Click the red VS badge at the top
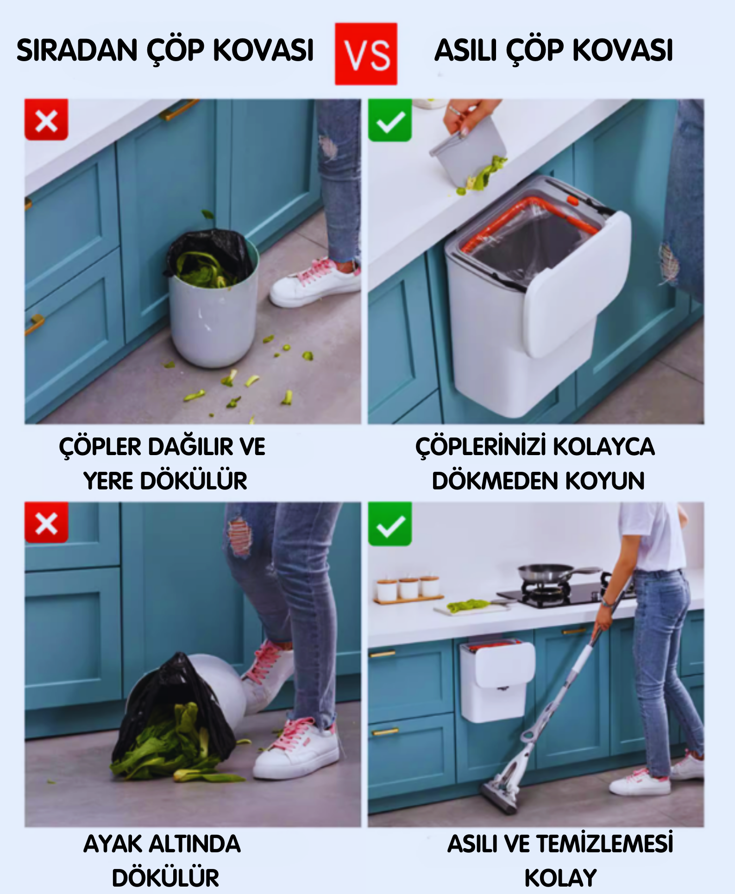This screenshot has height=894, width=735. pyautogui.click(x=366, y=54)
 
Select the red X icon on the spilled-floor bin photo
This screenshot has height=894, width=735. pyautogui.click(x=46, y=120)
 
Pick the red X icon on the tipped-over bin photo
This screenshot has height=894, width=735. pyautogui.click(x=46, y=522)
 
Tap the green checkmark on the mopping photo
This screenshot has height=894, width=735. pyautogui.click(x=390, y=524)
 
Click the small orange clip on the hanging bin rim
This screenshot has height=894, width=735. pyautogui.click(x=573, y=201)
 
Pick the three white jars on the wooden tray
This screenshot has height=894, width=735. pyautogui.click(x=408, y=588)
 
